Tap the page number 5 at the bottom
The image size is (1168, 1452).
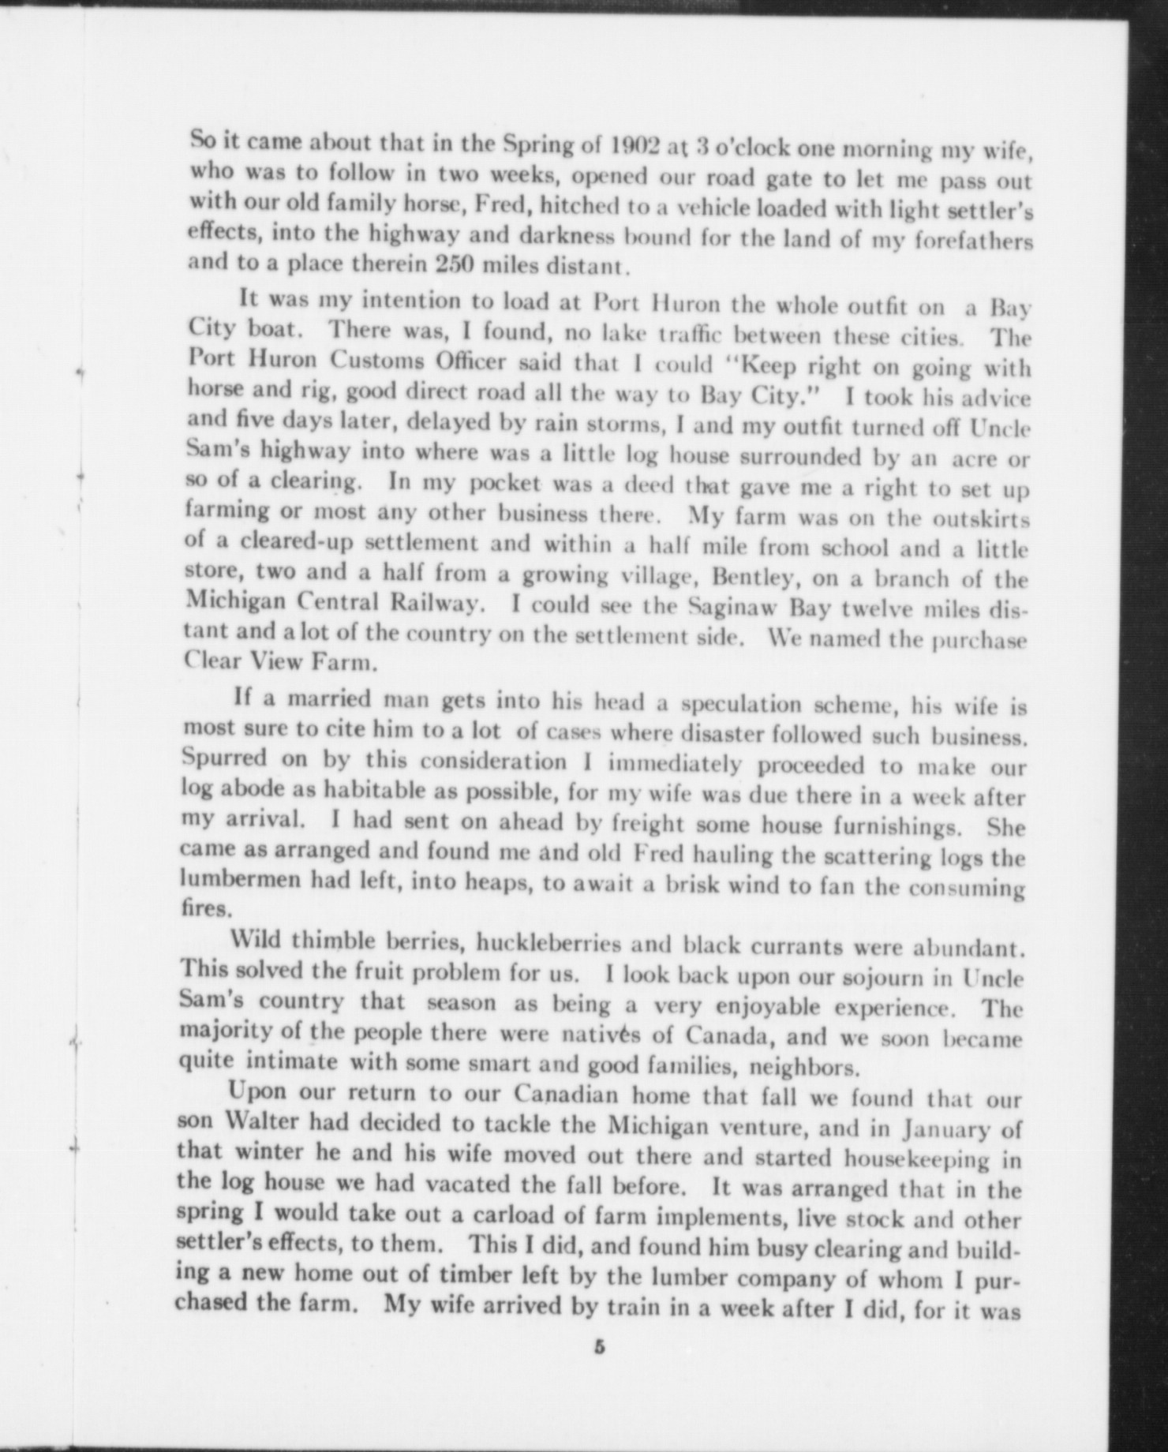599,1347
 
